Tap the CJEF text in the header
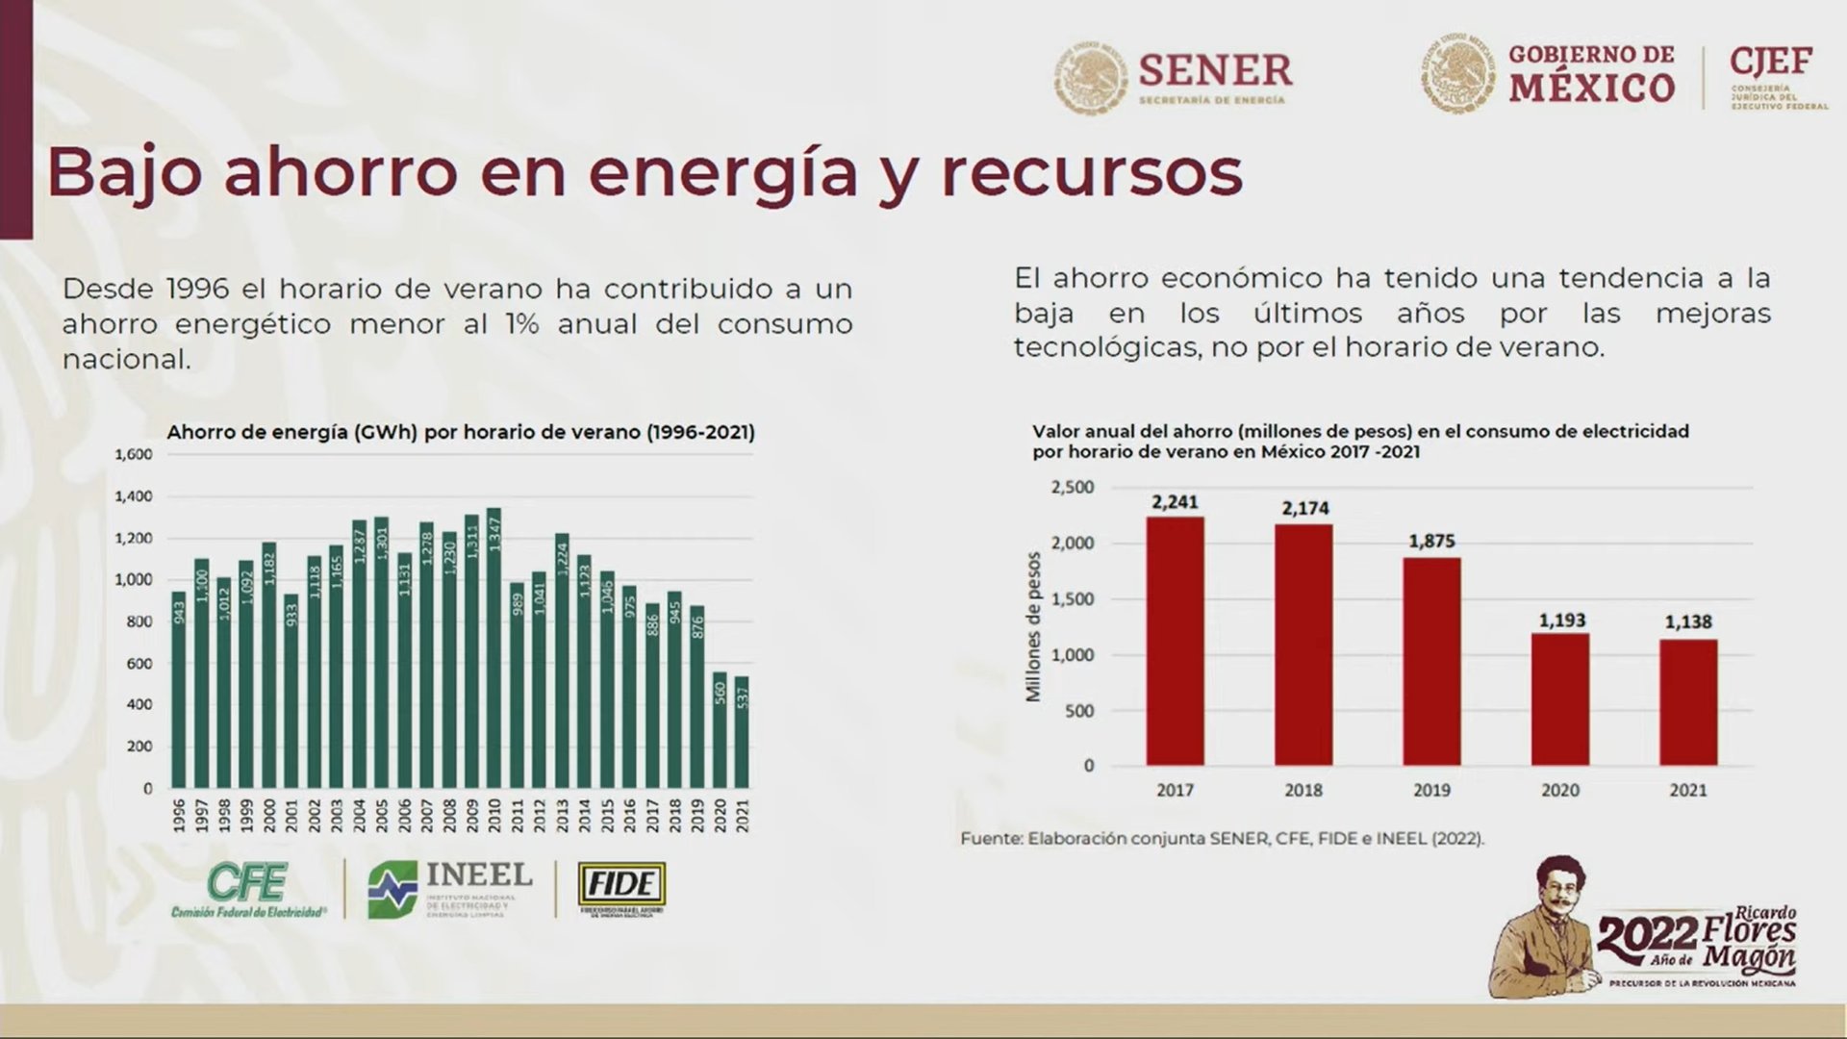(1771, 63)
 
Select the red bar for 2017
(1175, 641)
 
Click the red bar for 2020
(1560, 698)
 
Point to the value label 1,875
(1431, 541)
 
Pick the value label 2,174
(1304, 507)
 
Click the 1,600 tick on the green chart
(134, 454)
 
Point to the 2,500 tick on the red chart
(1073, 488)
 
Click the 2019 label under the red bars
(1431, 790)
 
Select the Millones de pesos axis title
(1034, 626)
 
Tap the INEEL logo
(449, 888)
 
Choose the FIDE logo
(621, 887)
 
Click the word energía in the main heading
(721, 173)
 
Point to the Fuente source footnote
(1222, 838)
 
